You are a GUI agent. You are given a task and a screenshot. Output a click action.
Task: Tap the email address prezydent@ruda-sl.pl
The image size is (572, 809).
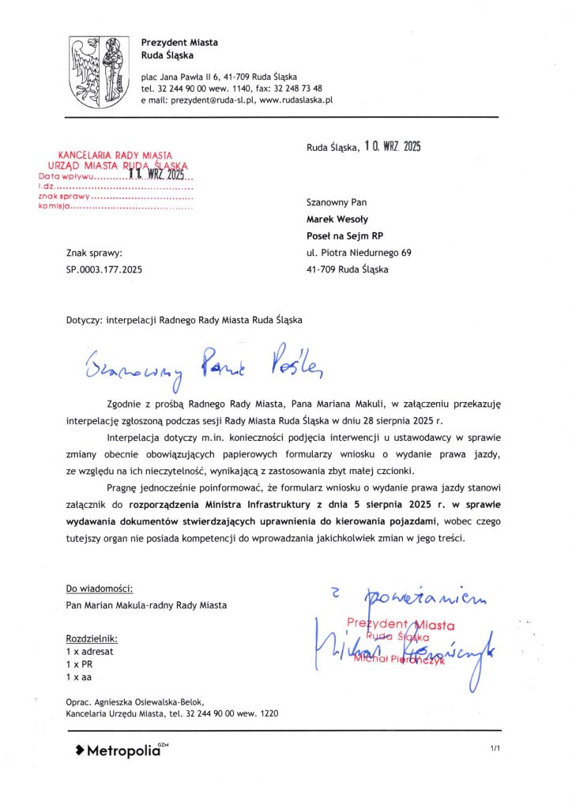[x=199, y=101]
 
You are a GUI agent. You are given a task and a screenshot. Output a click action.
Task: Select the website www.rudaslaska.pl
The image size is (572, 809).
[x=296, y=101]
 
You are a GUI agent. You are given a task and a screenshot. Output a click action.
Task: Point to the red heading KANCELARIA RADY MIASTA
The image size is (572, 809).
[x=116, y=156]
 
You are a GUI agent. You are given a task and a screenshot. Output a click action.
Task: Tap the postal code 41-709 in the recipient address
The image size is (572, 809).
[x=322, y=269]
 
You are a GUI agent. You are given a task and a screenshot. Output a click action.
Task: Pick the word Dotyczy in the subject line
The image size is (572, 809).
[x=85, y=320]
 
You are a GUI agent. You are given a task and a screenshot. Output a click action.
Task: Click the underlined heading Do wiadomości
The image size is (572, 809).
[x=100, y=589]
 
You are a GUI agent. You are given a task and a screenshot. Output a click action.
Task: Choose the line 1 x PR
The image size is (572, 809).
[x=80, y=665]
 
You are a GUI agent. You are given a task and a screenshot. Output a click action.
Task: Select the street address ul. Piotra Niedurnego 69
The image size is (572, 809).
[x=359, y=253]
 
